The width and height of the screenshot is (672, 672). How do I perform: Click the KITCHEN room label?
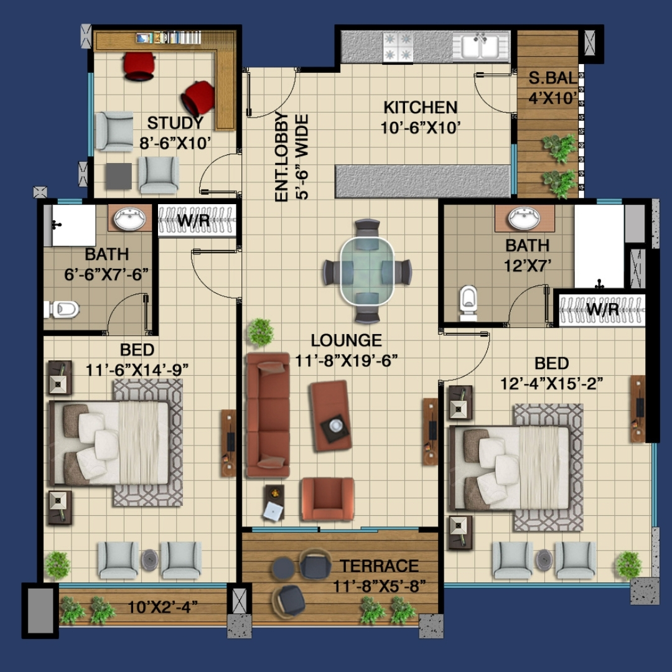[421, 107]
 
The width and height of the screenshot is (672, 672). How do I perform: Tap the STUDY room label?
[175, 123]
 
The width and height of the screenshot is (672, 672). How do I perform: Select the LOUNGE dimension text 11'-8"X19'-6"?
[347, 360]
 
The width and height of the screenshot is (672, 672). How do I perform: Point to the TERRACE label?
[380, 566]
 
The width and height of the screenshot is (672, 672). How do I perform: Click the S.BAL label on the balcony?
[553, 78]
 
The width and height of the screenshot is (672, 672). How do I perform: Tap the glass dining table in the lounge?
[367, 271]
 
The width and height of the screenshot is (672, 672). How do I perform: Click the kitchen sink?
[481, 45]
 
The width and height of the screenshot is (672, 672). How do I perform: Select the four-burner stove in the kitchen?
[398, 47]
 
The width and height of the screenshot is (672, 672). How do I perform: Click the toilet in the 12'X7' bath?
[468, 302]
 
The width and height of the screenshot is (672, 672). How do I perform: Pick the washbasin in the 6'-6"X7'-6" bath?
[129, 218]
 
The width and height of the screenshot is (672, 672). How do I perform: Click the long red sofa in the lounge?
[268, 415]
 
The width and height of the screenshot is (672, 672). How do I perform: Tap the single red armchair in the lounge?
[328, 499]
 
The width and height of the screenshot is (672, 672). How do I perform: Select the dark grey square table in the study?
[118, 176]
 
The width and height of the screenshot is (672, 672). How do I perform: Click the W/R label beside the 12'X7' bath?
[602, 309]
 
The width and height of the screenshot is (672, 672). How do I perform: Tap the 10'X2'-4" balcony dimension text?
[162, 607]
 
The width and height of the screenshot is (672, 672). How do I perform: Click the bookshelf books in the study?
[169, 38]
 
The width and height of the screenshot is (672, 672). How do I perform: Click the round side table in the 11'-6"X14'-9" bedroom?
[149, 560]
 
